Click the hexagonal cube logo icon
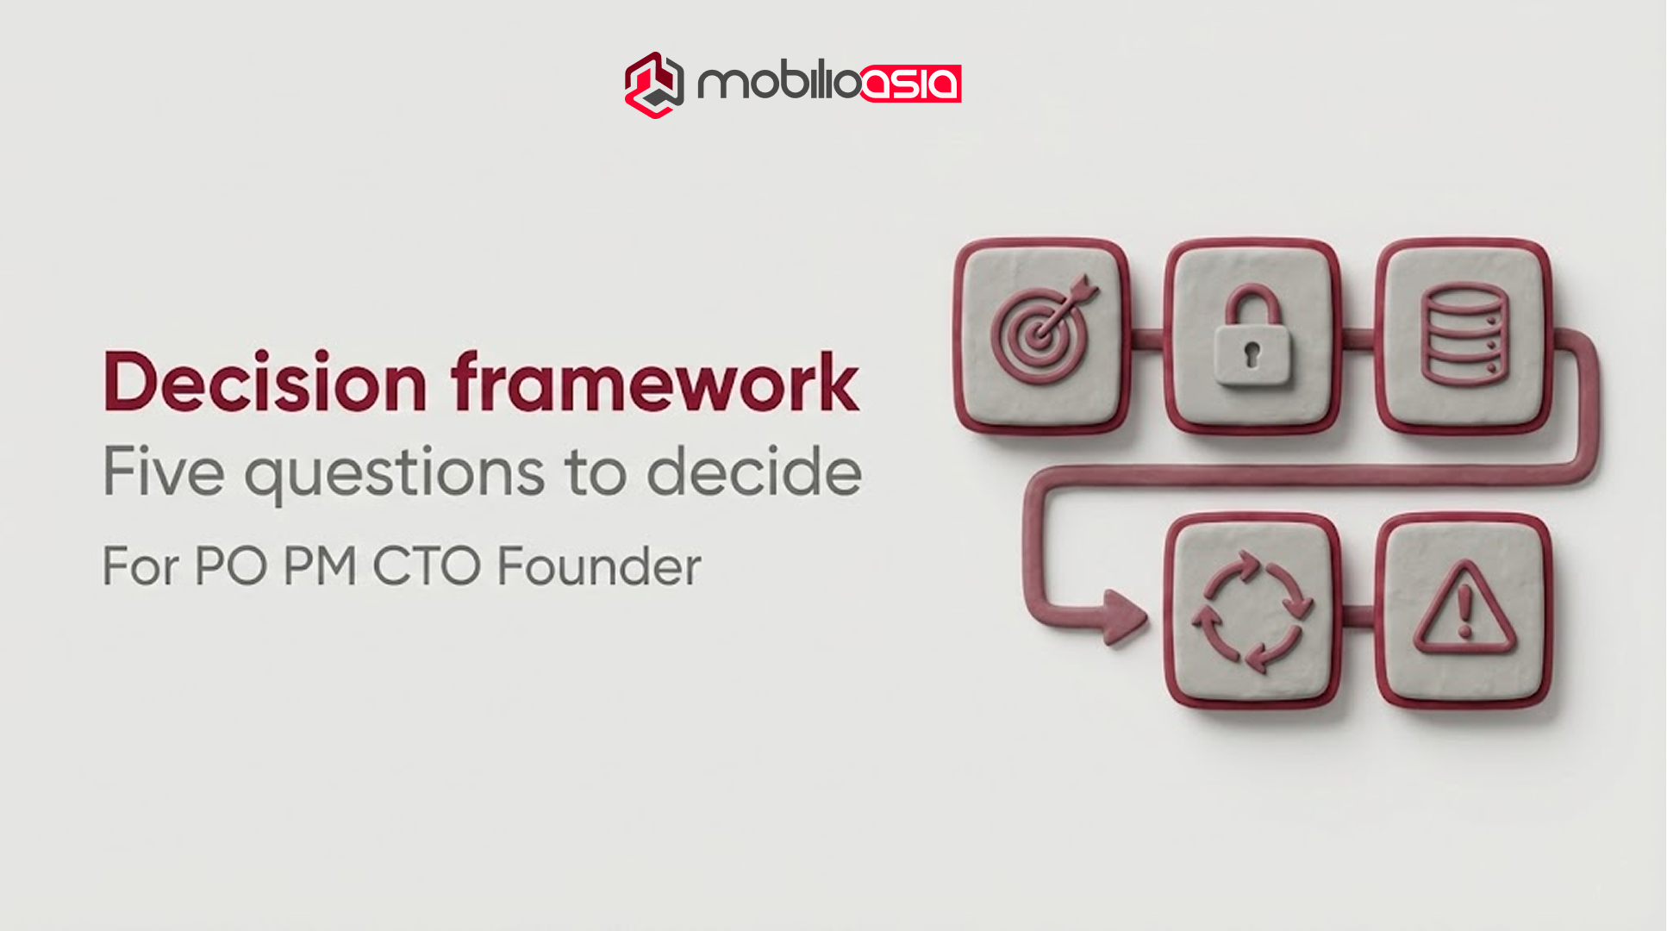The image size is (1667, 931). pos(654,84)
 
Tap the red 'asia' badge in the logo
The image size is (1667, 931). pos(911,84)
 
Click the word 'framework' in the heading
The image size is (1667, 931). pos(655,382)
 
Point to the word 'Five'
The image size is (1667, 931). pos(164,472)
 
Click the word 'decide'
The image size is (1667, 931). pos(754,472)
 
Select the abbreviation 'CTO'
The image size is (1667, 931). pos(427,566)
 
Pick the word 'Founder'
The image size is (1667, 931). pos(599,566)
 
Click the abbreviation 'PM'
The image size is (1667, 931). pos(320,566)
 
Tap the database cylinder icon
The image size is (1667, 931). pos(1464,334)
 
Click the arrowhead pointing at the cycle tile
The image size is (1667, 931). pos(1123,617)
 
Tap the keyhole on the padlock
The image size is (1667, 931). pos(1252,353)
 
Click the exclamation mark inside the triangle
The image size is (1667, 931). pos(1464,609)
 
